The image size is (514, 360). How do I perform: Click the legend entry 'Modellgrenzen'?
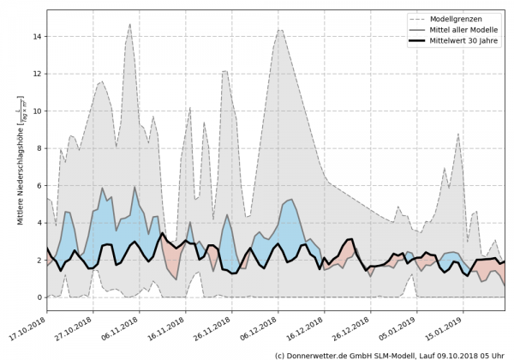click(465, 17)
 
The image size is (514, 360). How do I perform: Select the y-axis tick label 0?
click(39, 297)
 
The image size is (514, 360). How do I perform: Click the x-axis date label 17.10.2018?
click(27, 331)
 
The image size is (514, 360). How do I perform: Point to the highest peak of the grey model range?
click(130, 24)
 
